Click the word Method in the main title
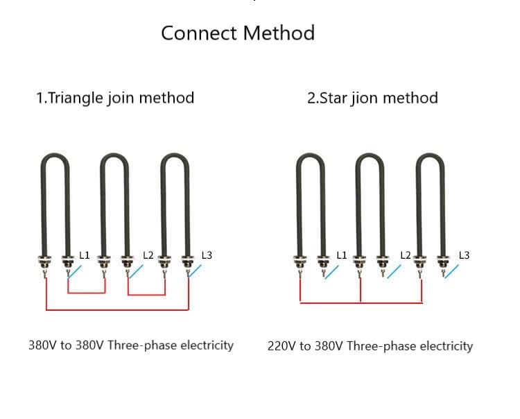(x=279, y=33)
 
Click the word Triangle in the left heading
(x=76, y=98)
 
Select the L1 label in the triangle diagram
(x=84, y=255)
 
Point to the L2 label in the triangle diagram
(x=148, y=255)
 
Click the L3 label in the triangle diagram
(x=207, y=255)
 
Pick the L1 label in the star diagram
(x=342, y=255)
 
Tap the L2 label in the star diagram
(x=406, y=255)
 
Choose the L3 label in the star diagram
(x=464, y=255)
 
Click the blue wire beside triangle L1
(x=75, y=272)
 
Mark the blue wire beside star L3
(x=451, y=271)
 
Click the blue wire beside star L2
(x=394, y=271)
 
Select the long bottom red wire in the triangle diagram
(x=117, y=310)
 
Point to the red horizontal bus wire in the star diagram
(x=361, y=302)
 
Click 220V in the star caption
(x=281, y=346)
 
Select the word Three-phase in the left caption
(x=142, y=345)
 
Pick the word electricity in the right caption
(x=447, y=346)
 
